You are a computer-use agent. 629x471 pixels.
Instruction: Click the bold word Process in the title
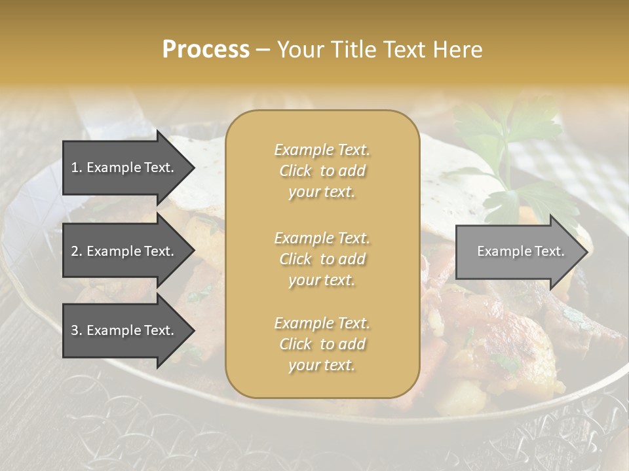pyautogui.click(x=206, y=50)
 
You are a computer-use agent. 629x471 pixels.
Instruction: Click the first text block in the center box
pyautogui.click(x=322, y=171)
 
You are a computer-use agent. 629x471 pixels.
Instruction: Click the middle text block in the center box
pyautogui.click(x=322, y=259)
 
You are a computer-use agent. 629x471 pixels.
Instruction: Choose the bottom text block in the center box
pyautogui.click(x=322, y=344)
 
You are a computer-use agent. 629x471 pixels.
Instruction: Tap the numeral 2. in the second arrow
pyautogui.click(x=77, y=251)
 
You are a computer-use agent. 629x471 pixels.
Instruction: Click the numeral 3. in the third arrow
pyautogui.click(x=77, y=330)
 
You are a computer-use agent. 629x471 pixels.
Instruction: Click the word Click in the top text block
pyautogui.click(x=295, y=171)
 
